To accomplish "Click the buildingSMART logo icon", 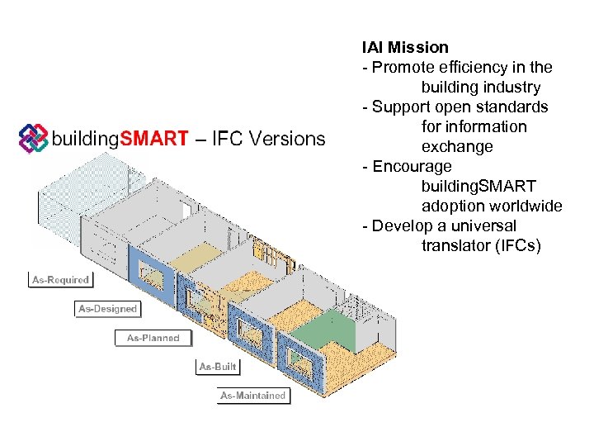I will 33,138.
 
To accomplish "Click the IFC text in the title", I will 227,139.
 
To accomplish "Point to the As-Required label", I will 60,280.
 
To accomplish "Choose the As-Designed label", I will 107,309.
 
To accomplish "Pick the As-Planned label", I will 153,338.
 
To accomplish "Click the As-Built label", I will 218,366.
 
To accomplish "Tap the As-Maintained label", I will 253,396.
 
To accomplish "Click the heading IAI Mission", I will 405,47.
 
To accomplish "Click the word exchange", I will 457,146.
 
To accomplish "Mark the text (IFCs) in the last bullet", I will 516,245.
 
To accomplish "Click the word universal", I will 483,225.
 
